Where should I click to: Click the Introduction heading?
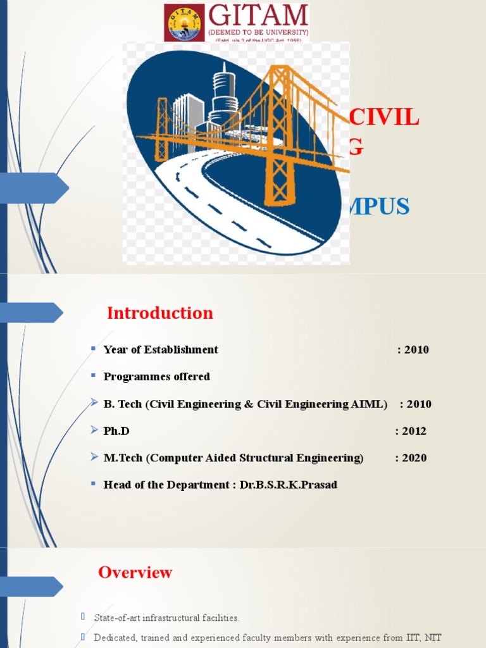coord(160,313)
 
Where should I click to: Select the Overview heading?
coord(135,573)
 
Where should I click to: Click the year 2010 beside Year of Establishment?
coord(416,350)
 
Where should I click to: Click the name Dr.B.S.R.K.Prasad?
coord(289,485)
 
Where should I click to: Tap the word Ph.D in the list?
coord(116,432)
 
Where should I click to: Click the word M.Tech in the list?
coord(123,458)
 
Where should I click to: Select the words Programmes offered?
coord(157,377)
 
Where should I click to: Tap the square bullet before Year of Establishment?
coord(93,349)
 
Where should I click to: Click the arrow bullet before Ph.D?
coord(93,431)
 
